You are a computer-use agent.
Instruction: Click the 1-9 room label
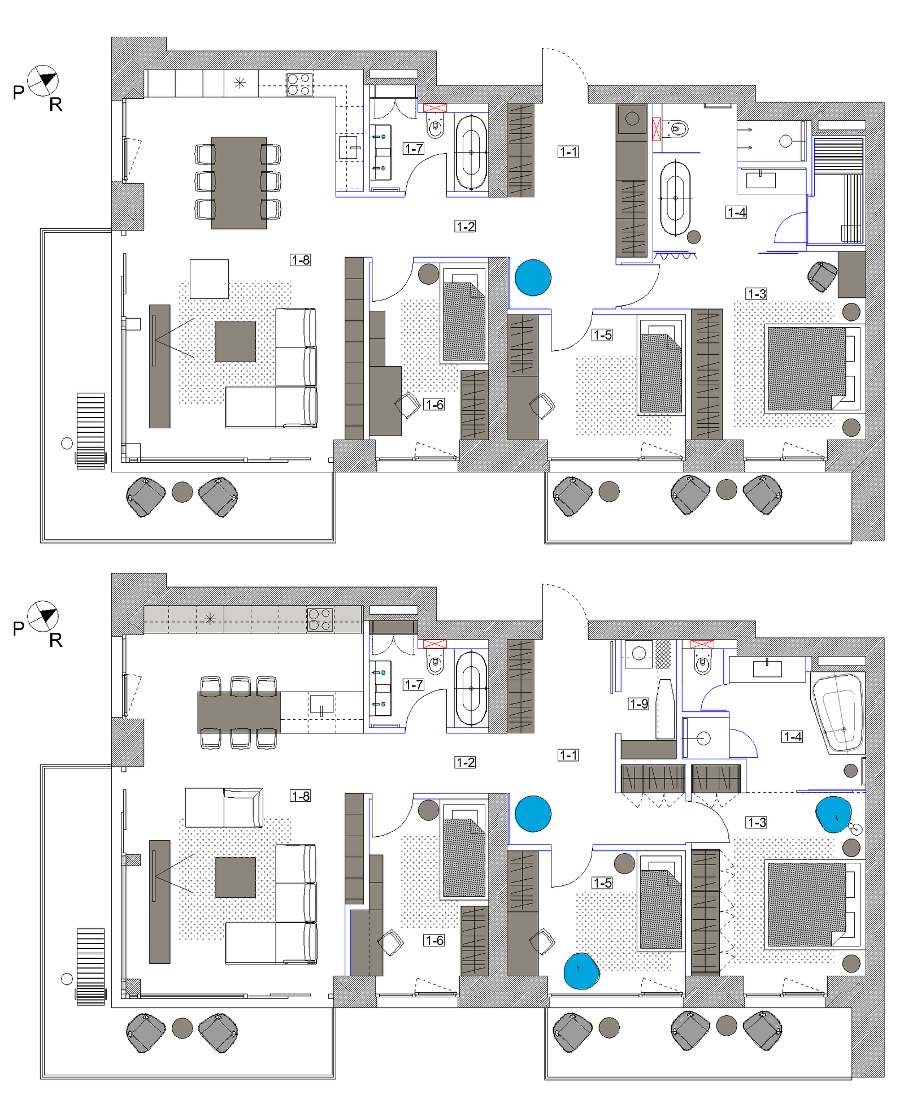[x=638, y=703]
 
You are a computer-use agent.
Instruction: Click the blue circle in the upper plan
[x=533, y=277]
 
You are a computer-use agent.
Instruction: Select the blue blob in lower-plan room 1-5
[x=581, y=971]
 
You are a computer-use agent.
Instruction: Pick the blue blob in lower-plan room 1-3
[x=833, y=814]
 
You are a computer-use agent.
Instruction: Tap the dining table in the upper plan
[x=239, y=183]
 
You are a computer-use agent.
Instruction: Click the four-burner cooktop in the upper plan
[x=299, y=84]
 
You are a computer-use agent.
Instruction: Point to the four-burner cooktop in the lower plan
[x=320, y=619]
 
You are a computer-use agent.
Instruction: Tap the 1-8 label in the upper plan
[x=301, y=260]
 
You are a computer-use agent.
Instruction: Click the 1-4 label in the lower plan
[x=793, y=736]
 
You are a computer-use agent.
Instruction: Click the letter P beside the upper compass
[x=19, y=92]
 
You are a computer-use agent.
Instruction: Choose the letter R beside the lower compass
[x=56, y=640]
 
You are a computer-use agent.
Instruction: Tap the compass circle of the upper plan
[x=43, y=80]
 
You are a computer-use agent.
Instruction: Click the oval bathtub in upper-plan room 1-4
[x=675, y=198]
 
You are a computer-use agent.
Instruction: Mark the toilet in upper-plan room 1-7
[x=435, y=125]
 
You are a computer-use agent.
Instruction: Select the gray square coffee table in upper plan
[x=236, y=342]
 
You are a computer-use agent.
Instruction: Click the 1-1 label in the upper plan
[x=568, y=151]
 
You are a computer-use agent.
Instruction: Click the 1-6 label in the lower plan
[x=434, y=940]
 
